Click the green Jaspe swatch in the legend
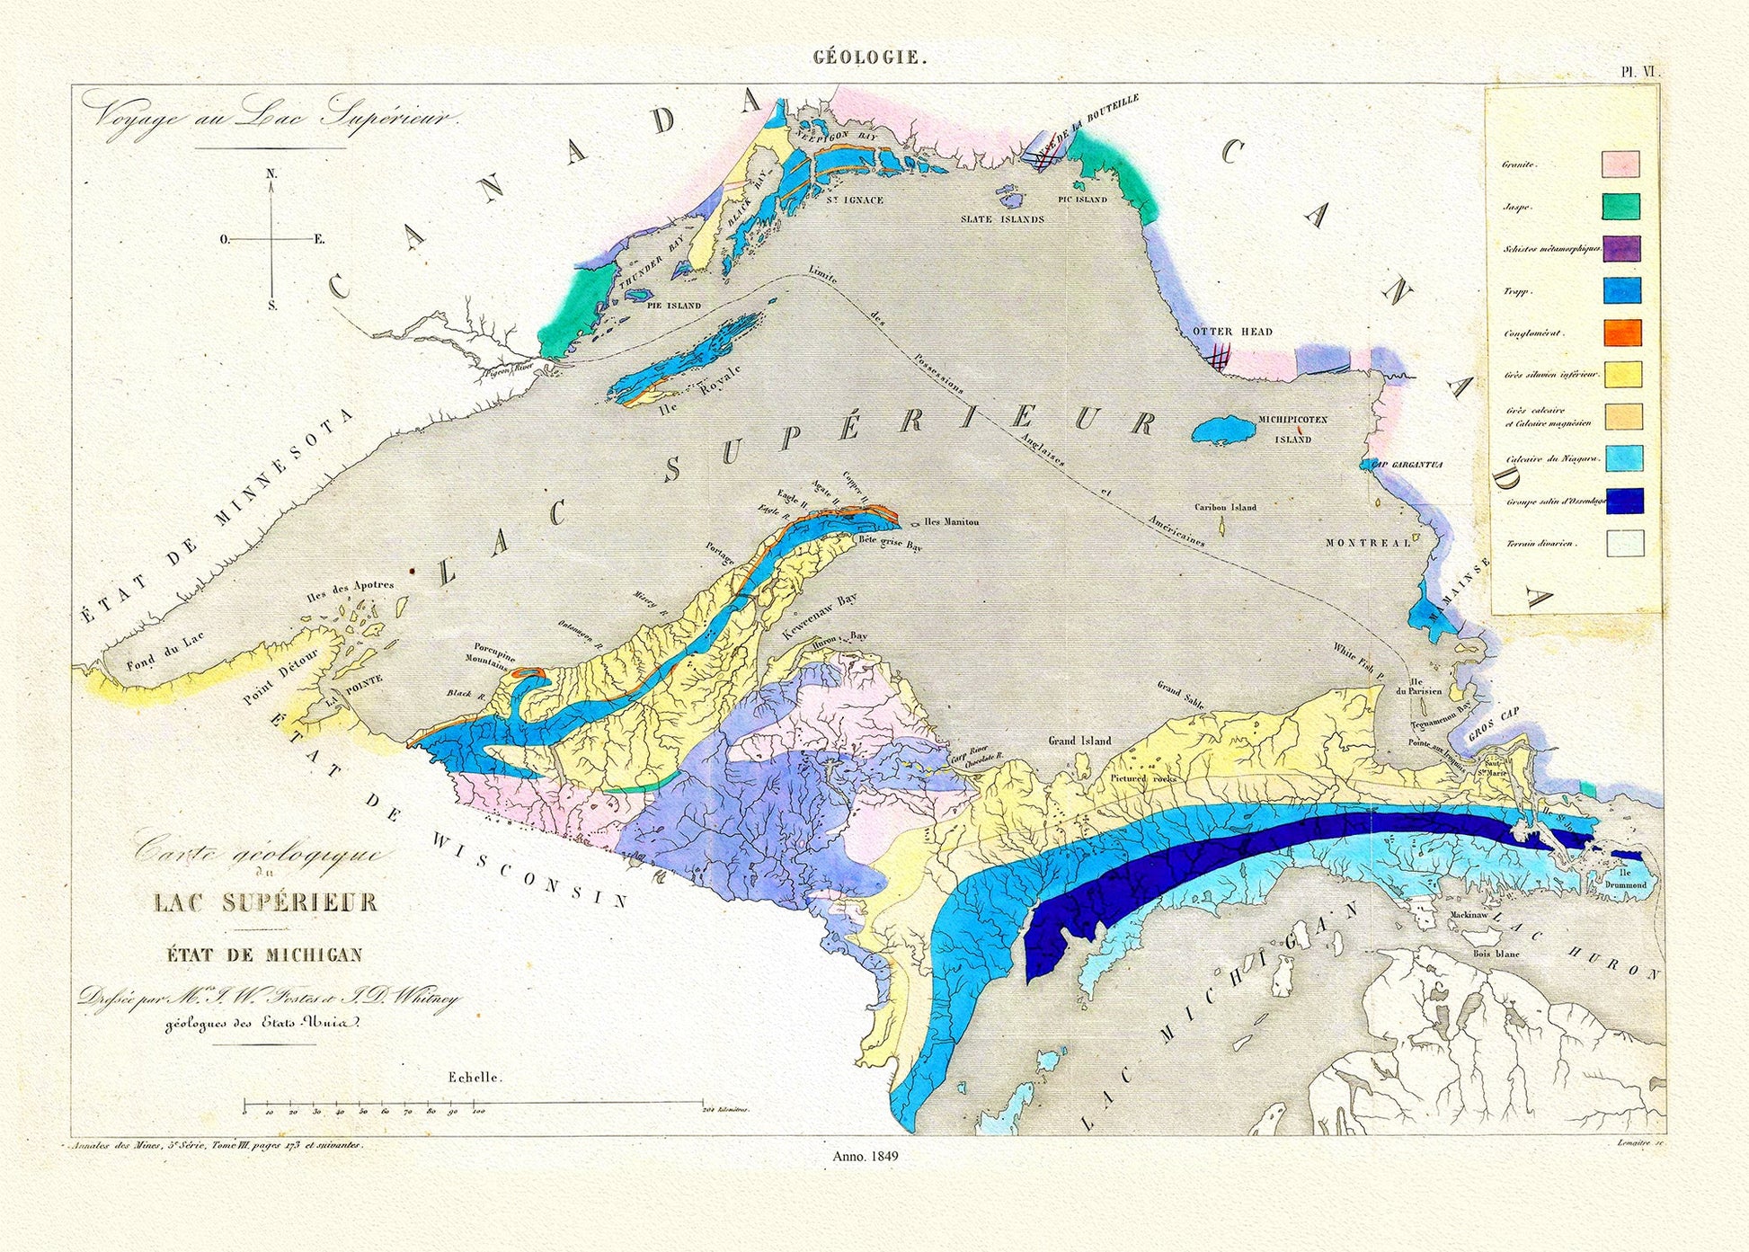tap(1620, 207)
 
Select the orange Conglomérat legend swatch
tap(1621, 333)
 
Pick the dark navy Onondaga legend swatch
tap(1624, 501)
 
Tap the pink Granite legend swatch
tap(1620, 164)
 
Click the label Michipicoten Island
tap(1292, 430)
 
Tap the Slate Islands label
tap(1002, 219)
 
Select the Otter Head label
tap(1232, 332)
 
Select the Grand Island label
tap(1079, 741)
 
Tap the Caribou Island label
tap(1225, 507)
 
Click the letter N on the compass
tap(271, 173)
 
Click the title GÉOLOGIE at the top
tap(868, 58)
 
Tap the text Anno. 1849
tap(866, 1156)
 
